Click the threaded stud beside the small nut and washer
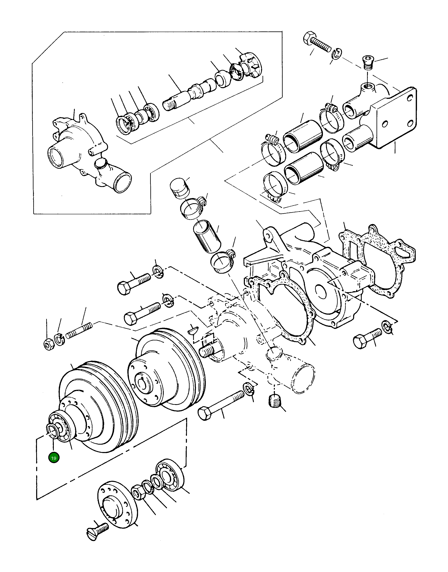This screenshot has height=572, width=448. pos(79,331)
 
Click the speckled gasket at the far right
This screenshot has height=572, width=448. pos(378,262)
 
